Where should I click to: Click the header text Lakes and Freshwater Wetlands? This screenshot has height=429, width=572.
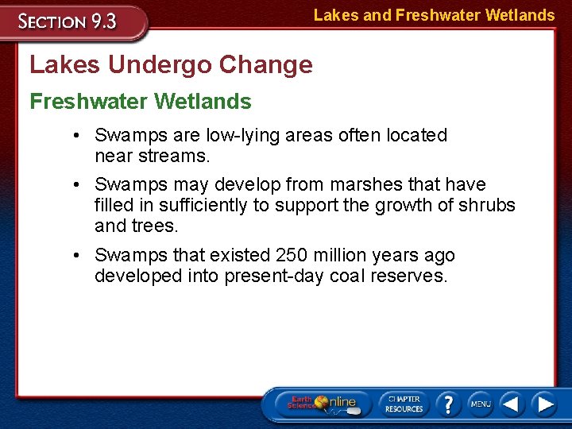pos(434,15)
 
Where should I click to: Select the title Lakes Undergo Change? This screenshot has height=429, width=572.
pos(171,65)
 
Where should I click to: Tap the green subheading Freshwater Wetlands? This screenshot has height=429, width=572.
pos(141,102)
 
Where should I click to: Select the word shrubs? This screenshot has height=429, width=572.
pos(487,205)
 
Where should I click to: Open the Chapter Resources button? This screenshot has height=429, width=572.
pos(404,403)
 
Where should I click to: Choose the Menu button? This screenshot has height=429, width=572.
pos(480,404)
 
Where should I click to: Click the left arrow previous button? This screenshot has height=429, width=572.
pos(512,404)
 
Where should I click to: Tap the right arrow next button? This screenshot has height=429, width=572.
pos(544,404)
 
